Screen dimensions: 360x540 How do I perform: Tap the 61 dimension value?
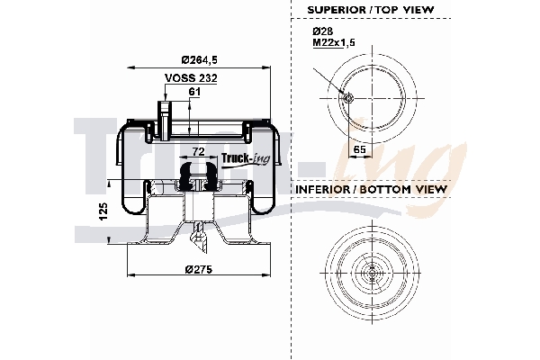point(194,93)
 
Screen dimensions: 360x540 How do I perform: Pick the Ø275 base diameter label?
point(198,269)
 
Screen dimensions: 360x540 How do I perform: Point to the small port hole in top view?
point(347,99)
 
